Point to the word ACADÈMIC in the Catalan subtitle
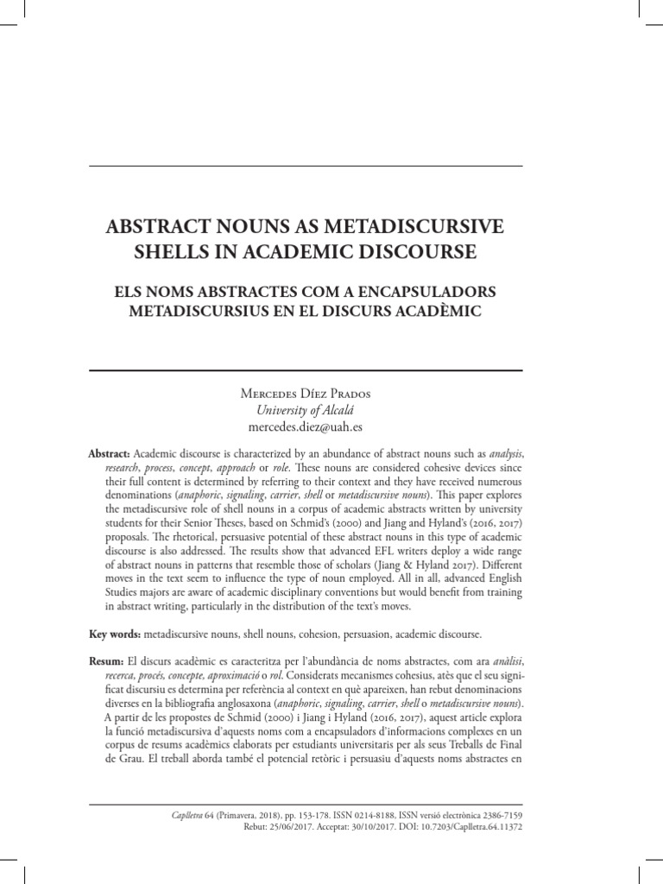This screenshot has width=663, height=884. pos(433,313)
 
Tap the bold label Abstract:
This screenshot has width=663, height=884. pos(109,454)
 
